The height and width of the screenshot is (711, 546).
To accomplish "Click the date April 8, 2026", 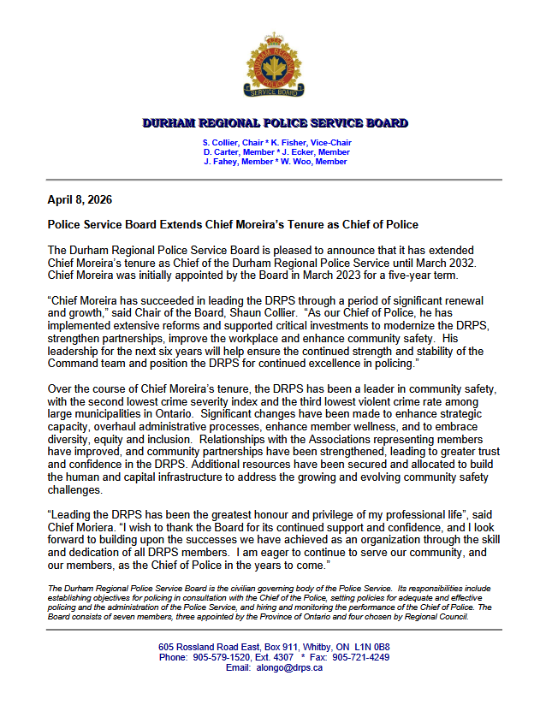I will click(x=80, y=200).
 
